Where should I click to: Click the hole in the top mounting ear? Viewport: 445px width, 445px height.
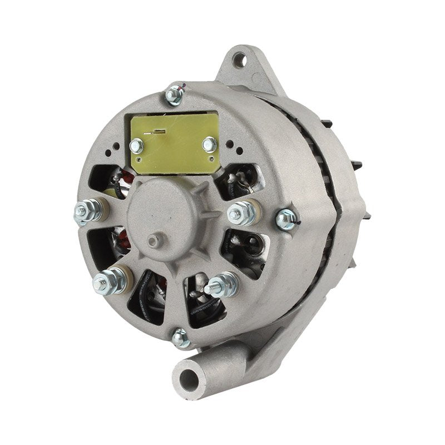(x=239, y=60)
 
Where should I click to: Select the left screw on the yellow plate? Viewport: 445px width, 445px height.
(x=136, y=146)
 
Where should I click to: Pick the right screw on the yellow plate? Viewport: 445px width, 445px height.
(x=209, y=145)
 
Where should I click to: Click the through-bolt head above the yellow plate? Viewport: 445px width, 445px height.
(x=175, y=95)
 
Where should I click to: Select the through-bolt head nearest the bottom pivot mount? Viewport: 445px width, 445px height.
(x=180, y=337)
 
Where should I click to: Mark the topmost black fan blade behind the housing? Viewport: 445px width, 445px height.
(x=327, y=123)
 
